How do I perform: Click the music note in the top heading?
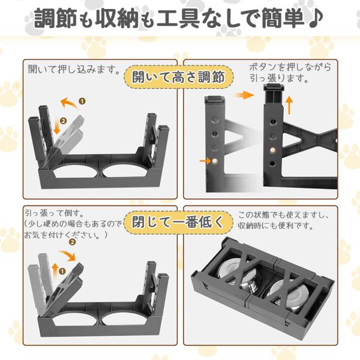[315, 18]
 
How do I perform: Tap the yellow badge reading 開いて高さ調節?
[179, 77]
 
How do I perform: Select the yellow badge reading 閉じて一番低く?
[178, 222]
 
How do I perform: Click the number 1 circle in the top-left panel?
[82, 101]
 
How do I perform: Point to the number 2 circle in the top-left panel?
[63, 121]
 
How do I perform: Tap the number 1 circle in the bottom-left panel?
[62, 271]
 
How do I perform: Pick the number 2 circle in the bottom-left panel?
[73, 242]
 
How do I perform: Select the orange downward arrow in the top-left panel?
[56, 128]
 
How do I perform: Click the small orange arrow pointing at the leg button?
[205, 161]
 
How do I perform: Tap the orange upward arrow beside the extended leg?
[290, 105]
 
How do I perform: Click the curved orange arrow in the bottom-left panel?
[67, 256]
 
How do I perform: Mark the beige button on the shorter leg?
[215, 161]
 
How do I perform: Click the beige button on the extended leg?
[272, 151]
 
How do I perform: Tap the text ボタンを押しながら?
[290, 67]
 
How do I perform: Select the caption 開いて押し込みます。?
[73, 69]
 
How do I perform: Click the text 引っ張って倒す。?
[55, 213]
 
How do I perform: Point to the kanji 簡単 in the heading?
[283, 18]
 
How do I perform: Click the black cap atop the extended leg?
[275, 87]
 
